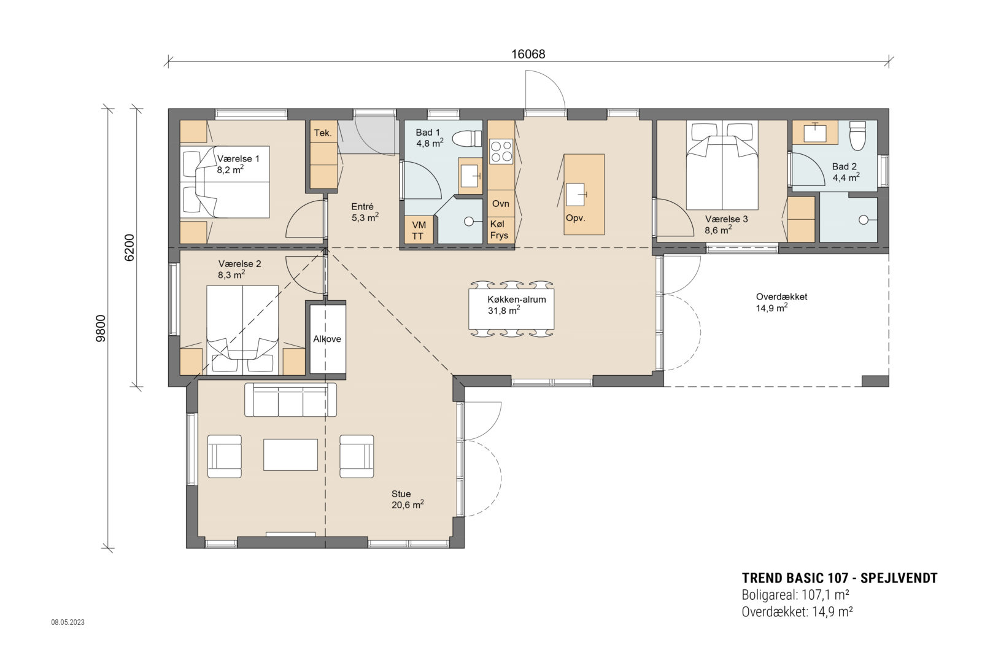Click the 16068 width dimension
528,54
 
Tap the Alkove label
327,339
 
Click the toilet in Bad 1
468,139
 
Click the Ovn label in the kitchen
500,204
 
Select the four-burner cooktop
501,151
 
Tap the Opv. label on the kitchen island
575,218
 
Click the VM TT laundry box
418,231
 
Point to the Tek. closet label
323,133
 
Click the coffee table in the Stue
290,455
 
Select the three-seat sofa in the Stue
290,400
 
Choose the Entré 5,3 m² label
364,212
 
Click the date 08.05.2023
68,622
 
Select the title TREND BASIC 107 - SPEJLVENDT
839,578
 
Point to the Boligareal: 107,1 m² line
795,595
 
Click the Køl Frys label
499,230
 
